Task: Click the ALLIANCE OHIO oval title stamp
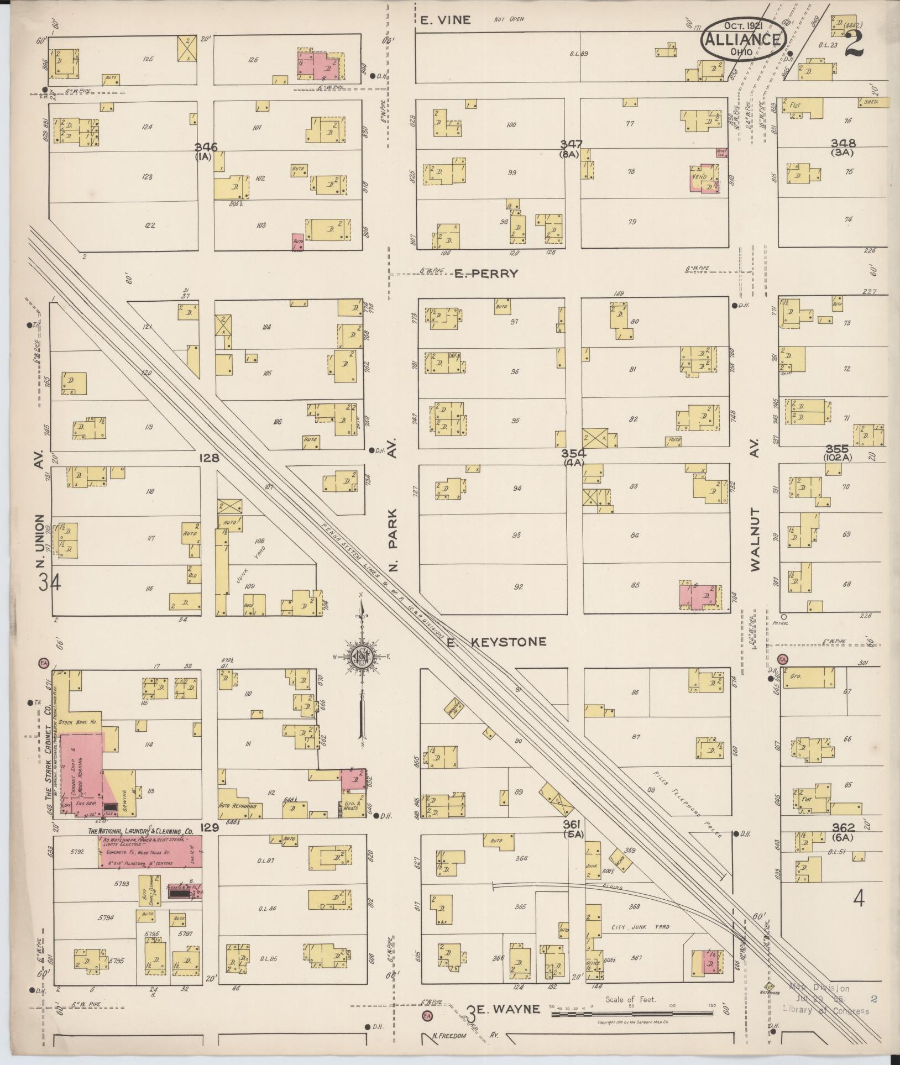744,39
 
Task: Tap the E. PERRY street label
486,274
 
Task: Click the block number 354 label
573,453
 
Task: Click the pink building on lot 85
699,596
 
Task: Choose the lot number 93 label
517,536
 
